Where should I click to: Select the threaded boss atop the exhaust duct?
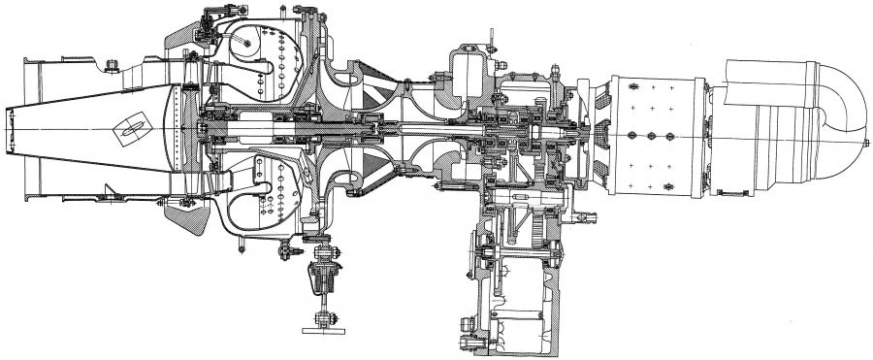(x=112, y=66)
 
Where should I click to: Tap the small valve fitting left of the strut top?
(x=288, y=254)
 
